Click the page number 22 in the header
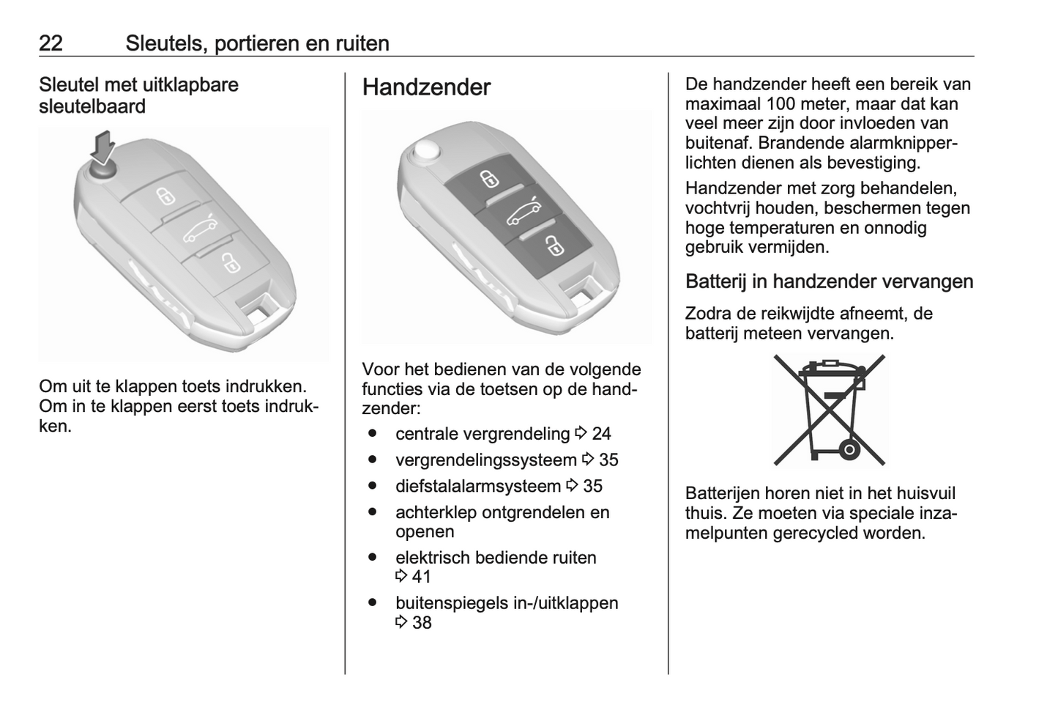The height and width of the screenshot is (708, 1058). pos(51,43)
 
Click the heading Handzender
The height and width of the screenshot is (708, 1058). pos(426,87)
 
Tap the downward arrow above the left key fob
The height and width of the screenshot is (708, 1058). pos(103,146)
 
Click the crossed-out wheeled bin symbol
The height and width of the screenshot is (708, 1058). pos(829,410)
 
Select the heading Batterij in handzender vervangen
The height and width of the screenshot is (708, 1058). pos(829,281)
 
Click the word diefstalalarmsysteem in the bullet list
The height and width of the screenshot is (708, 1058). pos(478,486)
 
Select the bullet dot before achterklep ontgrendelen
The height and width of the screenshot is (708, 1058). pos(373,512)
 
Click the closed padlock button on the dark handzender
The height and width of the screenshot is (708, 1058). pos(489,178)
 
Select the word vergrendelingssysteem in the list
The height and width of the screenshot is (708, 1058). pos(485,460)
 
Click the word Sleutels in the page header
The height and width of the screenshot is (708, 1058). pos(165,43)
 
